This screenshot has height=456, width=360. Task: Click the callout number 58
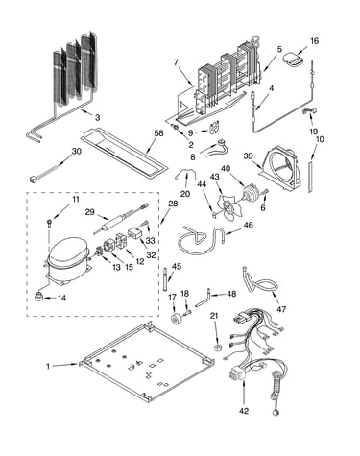pos(158,133)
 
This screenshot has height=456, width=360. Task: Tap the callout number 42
pos(244,411)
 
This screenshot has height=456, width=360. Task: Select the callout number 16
pos(315,40)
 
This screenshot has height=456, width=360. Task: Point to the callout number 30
pos(76,151)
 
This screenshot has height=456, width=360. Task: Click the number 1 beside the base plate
pos(48,366)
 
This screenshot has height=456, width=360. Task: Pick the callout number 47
pos(281,309)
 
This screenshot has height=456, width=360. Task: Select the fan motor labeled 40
pos(250,193)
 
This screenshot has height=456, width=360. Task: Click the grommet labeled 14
pos(38,296)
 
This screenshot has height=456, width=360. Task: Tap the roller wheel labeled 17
pos(177,320)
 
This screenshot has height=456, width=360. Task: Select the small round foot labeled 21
pos(218,348)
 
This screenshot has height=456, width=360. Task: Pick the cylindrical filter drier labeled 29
pos(108,223)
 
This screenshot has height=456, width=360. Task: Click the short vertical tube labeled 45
pos(165,279)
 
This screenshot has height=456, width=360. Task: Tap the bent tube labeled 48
pos(203,299)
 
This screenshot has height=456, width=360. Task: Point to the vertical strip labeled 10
pos(310,177)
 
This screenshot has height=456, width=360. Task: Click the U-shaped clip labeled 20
pos(185,176)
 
